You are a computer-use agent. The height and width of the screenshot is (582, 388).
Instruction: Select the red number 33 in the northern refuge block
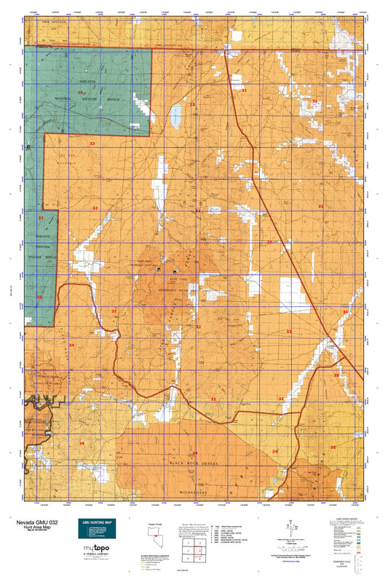[81, 93]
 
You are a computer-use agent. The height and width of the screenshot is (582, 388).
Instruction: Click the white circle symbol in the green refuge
[86, 70]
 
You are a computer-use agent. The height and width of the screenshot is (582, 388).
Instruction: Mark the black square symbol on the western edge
[28, 146]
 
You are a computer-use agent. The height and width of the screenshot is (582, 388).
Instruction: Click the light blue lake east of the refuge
[175, 113]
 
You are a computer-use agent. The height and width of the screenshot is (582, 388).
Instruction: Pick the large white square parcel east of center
[294, 290]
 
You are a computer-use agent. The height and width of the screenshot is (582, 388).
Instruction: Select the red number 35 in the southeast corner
[333, 447]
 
